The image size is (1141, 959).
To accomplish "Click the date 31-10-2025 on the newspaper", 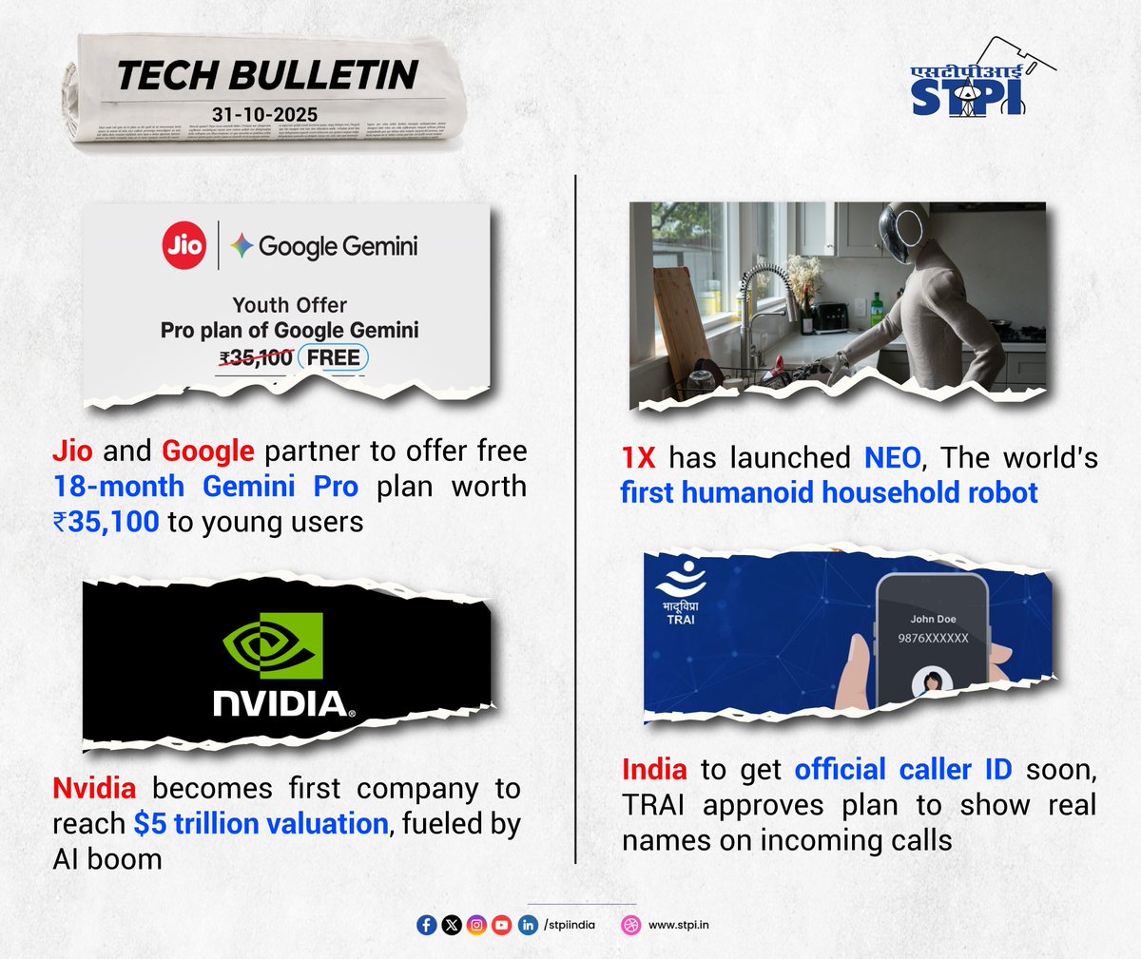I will click(264, 114).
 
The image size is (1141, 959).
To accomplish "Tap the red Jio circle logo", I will click(184, 245).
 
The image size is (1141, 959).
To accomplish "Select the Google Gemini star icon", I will click(242, 246).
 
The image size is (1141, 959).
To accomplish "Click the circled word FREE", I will click(333, 357).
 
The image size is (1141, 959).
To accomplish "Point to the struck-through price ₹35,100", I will click(256, 358).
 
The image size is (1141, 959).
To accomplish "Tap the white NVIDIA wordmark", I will click(282, 704).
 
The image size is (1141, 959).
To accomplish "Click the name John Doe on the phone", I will click(933, 619).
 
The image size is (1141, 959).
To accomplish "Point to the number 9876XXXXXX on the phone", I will click(933, 639).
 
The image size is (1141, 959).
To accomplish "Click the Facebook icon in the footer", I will click(427, 925).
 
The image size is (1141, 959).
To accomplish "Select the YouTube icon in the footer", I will click(502, 925).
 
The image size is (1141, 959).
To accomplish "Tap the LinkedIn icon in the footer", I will click(528, 925).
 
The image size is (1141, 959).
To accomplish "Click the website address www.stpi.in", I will click(678, 925).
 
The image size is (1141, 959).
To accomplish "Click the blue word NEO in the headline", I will click(892, 458).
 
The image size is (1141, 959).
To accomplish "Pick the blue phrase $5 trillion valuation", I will click(261, 824).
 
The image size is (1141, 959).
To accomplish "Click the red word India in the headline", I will click(654, 770).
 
